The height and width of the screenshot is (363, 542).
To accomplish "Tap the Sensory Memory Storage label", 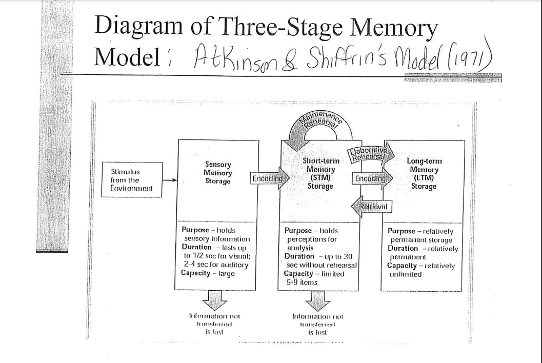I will (217, 173).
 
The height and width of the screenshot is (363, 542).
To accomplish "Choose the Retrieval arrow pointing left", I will (372, 207).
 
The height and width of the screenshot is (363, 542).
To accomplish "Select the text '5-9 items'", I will (302, 282).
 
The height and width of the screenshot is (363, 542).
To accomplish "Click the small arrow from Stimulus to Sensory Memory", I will (169, 180).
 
